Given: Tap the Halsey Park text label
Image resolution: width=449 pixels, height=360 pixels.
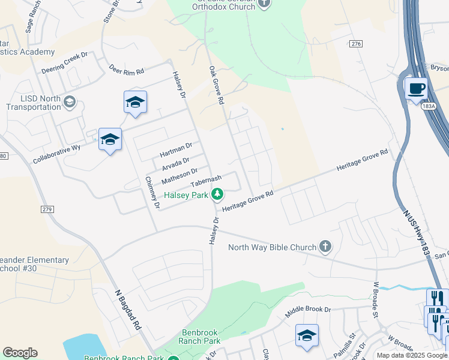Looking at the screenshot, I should click(186, 195).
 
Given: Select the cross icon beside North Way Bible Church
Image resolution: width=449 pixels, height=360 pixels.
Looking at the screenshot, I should click(325, 247).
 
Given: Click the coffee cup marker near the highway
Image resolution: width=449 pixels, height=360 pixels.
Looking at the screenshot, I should click(416, 89).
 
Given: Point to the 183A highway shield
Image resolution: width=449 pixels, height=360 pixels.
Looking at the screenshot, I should click(428, 106).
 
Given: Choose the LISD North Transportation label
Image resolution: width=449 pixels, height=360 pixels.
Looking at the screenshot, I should click(33, 103).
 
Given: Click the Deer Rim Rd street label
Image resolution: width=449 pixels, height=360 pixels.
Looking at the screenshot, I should click(126, 70).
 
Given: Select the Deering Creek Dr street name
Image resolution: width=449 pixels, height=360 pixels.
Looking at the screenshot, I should click(65, 62).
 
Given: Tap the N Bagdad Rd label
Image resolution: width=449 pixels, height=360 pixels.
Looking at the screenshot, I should click(128, 310).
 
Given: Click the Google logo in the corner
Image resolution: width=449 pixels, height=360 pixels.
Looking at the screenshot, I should click(20, 353).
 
